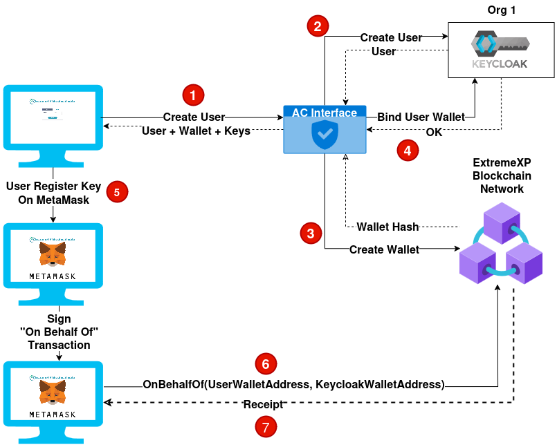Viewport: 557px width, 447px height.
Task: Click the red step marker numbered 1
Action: [x=193, y=95]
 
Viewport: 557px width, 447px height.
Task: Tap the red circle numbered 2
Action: [x=318, y=27]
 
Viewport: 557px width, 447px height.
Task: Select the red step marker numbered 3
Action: [x=310, y=233]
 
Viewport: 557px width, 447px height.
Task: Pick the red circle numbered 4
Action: [x=408, y=151]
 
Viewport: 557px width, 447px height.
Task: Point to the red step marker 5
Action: [x=116, y=192]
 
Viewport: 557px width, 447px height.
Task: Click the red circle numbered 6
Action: [x=266, y=363]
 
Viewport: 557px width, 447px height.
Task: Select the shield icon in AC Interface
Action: [x=325, y=135]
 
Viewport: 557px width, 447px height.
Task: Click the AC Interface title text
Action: [x=325, y=113]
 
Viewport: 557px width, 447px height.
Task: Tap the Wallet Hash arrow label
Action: [x=387, y=227]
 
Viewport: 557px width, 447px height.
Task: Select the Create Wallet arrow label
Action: [x=384, y=249]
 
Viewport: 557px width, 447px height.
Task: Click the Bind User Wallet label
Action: [x=421, y=117]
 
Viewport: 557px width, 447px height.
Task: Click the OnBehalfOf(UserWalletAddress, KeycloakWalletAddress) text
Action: [x=293, y=383]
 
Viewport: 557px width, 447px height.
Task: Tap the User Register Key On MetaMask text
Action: [x=53, y=192]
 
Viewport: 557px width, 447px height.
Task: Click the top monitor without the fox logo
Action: [x=53, y=117]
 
